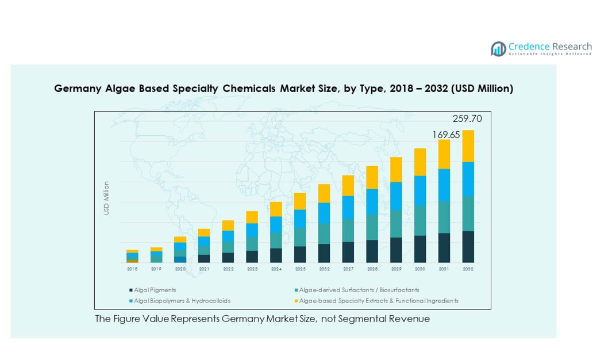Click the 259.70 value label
point(467,119)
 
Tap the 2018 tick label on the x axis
point(132,269)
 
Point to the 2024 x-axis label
point(276,269)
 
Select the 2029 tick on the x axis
point(396,269)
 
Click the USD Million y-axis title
point(106,198)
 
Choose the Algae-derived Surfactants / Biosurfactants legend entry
point(359,290)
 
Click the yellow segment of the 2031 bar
point(444,154)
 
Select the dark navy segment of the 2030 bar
point(420,249)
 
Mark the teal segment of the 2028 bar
point(372,227)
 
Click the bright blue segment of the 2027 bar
point(348,208)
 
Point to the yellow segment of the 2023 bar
point(252,217)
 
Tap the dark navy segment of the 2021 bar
point(204,258)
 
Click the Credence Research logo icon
point(498,49)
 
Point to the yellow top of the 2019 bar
point(156,249)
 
